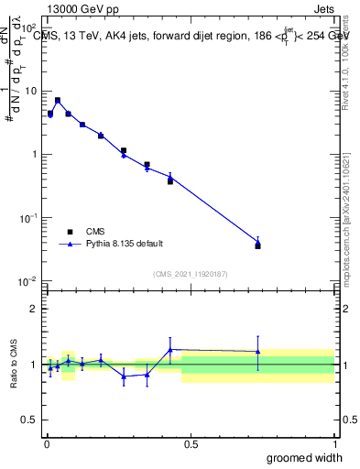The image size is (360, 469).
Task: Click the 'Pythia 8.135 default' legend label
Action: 125,245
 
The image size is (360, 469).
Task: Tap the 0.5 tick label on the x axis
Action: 191,445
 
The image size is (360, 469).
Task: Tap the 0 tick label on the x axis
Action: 46,445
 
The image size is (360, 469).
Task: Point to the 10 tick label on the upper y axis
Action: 29,92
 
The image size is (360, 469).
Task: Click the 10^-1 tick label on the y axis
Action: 27,218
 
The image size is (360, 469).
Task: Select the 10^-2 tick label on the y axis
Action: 27,281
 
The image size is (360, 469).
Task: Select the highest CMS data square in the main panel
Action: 58,100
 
